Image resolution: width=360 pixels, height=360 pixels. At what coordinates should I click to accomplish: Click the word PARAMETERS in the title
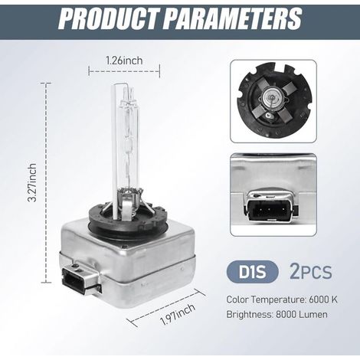(x=232, y=18)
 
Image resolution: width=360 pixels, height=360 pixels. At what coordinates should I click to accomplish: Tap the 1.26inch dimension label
(x=124, y=61)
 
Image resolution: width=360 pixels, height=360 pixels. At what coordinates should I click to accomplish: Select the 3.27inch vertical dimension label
(x=32, y=182)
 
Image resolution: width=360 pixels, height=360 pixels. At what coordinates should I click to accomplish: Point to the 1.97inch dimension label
(x=177, y=314)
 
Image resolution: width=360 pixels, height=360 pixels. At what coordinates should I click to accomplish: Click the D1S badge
(x=252, y=272)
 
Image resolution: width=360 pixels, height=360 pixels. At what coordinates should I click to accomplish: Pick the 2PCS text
(x=311, y=272)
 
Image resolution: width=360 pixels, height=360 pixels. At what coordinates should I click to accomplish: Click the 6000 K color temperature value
(x=323, y=299)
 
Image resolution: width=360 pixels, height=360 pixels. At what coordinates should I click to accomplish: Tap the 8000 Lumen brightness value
(x=302, y=314)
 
